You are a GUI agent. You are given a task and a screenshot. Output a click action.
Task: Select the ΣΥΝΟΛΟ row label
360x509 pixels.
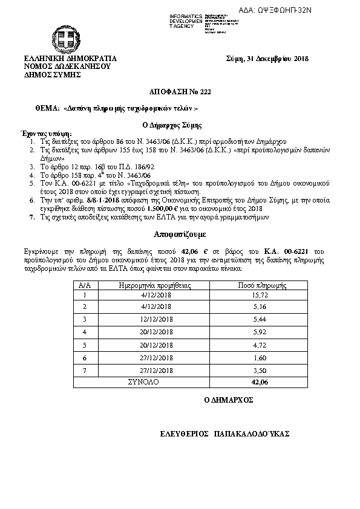click(x=144, y=383)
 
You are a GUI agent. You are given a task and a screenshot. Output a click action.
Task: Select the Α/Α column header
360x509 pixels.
click(x=85, y=284)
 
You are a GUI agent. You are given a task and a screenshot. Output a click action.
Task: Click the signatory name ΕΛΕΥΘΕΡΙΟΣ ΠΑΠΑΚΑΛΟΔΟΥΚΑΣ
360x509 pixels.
click(x=225, y=434)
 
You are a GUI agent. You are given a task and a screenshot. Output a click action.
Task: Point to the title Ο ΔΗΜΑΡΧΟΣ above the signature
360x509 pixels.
click(x=229, y=400)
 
